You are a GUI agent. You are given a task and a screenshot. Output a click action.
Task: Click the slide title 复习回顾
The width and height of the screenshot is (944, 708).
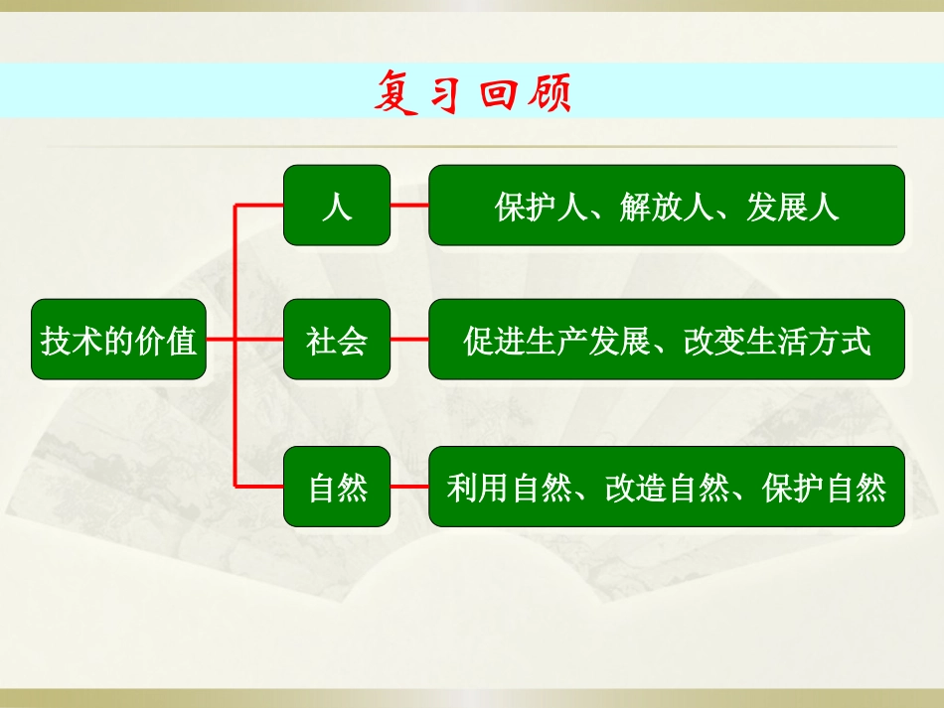473,94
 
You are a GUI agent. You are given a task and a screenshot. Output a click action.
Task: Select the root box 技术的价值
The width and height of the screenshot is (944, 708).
119,340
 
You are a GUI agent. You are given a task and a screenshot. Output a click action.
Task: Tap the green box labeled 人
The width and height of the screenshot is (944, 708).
337,206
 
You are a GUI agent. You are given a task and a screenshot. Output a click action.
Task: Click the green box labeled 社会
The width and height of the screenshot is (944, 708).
337,340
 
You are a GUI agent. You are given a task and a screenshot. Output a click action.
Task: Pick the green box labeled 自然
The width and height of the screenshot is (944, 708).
337,487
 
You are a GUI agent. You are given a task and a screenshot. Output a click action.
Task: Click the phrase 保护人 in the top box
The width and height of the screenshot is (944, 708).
541,207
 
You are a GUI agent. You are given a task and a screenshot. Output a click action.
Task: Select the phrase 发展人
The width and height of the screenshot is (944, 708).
793,207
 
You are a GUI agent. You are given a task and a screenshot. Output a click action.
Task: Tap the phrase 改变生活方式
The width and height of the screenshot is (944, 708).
777,341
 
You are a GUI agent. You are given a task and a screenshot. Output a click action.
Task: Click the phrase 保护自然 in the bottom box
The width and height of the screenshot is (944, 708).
824,488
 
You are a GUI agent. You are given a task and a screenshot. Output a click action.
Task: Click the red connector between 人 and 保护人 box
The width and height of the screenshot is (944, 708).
409,207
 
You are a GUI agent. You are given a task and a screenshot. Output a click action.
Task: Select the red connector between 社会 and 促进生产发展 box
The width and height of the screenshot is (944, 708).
409,340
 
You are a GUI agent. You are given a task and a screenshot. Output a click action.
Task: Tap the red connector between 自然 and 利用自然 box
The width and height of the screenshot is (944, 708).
409,487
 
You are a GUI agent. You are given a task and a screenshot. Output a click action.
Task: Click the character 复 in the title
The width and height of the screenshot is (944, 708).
397,94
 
